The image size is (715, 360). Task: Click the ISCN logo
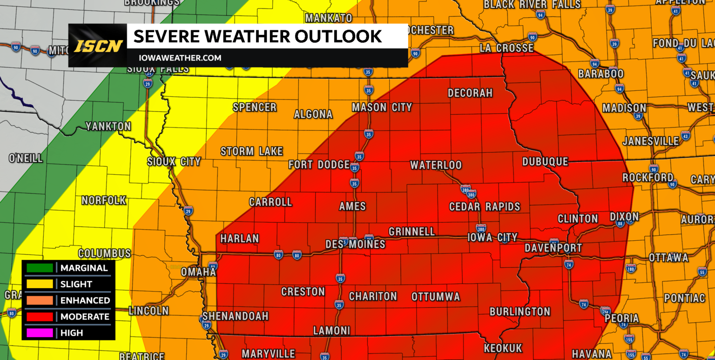98,46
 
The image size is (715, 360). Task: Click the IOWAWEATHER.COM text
180,58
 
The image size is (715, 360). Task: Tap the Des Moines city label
355,244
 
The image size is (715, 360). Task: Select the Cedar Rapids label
484,207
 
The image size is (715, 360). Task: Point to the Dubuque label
545,162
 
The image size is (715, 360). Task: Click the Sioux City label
174,162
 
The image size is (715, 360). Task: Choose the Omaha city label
198,272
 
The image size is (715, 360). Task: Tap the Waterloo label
436,165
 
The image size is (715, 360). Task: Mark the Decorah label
470,93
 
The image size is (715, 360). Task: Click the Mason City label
382,108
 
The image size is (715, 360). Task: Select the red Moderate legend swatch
40,317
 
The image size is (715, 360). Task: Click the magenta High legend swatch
40,333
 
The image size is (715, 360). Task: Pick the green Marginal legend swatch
40,268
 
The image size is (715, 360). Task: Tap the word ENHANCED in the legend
85,300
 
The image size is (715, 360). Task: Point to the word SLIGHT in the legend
76,284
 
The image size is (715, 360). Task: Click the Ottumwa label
436,297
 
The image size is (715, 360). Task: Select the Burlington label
520,312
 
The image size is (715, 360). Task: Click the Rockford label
648,177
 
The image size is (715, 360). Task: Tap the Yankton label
108,126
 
